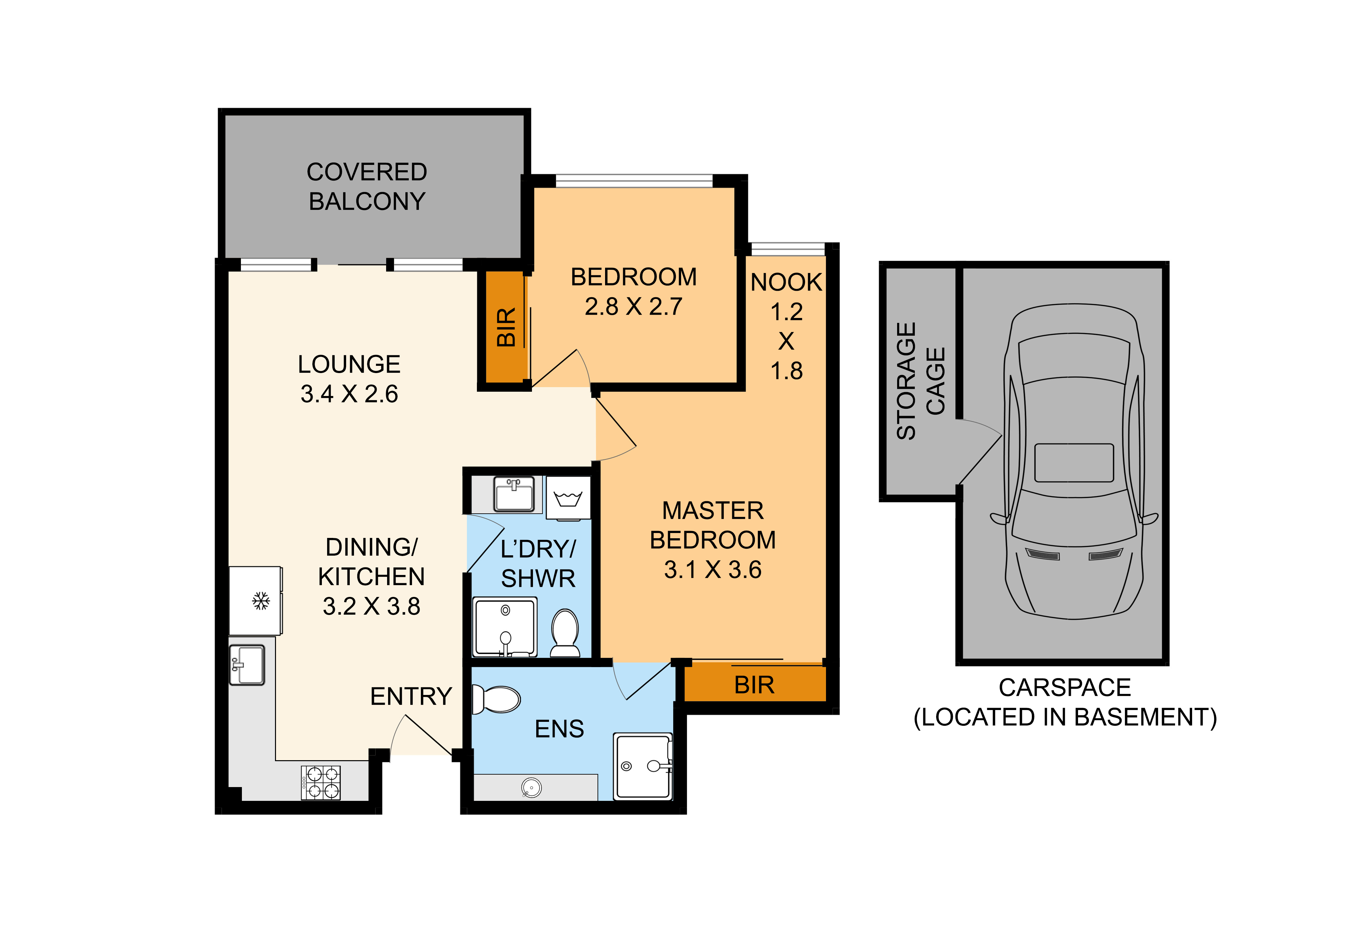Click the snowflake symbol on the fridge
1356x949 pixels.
[261, 601]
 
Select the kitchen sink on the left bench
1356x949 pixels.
[247, 665]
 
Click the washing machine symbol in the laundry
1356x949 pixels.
[568, 498]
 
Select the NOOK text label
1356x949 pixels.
[787, 282]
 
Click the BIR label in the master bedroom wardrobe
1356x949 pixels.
[754, 685]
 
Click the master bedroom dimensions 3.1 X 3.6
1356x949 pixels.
[713, 570]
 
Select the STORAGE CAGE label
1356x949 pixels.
[921, 381]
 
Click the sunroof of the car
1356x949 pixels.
[1074, 463]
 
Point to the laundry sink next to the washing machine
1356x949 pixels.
[514, 494]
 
